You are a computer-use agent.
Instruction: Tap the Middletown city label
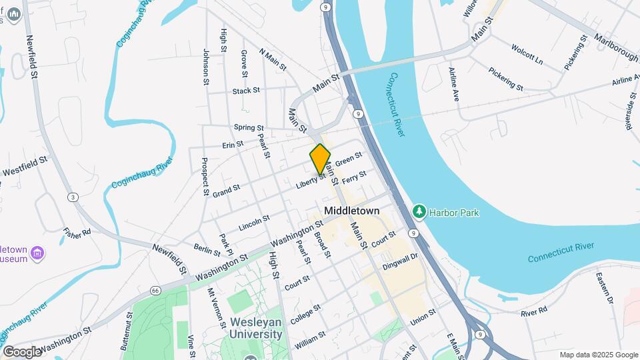coord(351,211)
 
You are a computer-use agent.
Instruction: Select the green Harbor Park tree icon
coord(419,212)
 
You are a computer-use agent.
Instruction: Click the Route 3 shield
coord(73,197)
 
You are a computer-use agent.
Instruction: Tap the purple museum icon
coord(37,253)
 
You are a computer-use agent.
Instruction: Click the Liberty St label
coord(311,181)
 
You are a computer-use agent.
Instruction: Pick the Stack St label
coord(246,91)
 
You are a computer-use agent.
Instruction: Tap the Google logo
coord(22,351)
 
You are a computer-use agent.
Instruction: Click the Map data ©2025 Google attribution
coord(598,355)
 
